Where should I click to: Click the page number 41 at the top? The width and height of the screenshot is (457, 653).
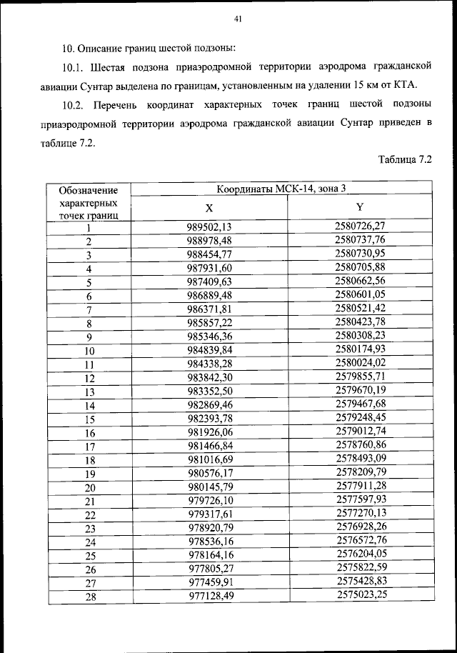pos(238,20)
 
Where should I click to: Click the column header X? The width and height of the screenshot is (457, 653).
pos(209,209)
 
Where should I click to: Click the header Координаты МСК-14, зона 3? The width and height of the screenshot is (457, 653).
pos(281,189)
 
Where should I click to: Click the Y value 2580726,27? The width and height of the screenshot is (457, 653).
pos(360,226)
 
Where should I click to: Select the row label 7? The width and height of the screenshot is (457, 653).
pos(89,310)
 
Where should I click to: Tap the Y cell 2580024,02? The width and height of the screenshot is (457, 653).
pos(360,362)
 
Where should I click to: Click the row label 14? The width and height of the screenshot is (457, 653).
pos(89,406)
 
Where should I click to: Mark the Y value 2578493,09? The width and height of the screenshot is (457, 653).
pos(360,458)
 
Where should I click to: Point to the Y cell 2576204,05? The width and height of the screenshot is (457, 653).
pos(360,554)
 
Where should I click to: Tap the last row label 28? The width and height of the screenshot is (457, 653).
pos(89,597)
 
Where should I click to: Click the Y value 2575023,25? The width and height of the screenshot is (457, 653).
pos(360,594)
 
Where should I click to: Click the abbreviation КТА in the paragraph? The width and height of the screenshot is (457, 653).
pos(403,86)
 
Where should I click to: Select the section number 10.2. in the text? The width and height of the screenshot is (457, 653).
pos(76,105)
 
